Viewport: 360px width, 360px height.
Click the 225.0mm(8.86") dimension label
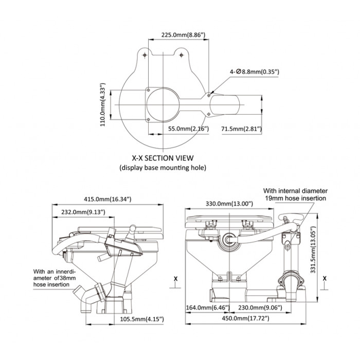183,34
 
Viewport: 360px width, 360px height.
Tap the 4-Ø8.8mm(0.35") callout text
255,73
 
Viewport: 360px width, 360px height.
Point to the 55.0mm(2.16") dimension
188,128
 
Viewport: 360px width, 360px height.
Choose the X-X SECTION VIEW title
162,158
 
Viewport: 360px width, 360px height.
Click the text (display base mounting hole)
163,168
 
